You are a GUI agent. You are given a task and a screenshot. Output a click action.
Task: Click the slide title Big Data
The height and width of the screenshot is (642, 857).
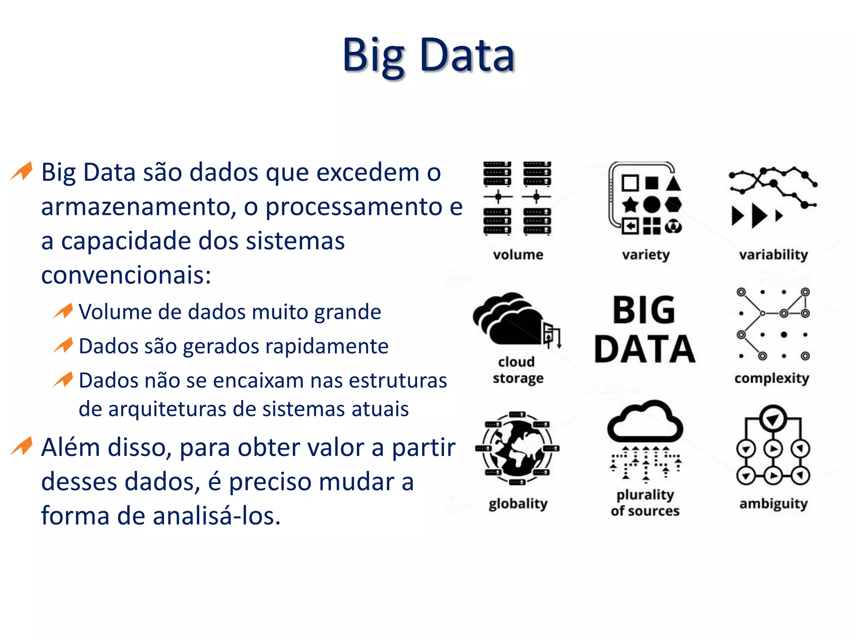point(428,56)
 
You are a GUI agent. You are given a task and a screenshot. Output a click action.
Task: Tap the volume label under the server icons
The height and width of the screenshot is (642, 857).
point(518,255)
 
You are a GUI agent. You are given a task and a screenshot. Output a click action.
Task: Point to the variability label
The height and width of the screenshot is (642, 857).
point(773,255)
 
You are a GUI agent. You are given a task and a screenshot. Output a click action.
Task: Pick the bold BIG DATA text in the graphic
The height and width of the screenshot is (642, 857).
point(644,329)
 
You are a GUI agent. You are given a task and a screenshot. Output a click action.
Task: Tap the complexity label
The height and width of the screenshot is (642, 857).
point(772,378)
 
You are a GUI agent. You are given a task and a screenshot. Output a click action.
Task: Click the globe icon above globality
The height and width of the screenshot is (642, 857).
point(517,448)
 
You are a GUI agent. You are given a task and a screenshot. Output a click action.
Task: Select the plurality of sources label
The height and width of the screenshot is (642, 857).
point(645,503)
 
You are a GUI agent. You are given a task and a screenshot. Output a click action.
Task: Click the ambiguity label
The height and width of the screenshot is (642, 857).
point(773,504)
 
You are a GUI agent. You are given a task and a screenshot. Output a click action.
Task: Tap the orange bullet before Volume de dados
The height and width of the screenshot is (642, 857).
point(64,311)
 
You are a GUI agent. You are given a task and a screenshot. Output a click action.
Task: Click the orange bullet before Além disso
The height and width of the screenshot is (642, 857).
point(22,446)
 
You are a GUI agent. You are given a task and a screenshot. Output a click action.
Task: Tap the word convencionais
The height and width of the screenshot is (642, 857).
point(126,275)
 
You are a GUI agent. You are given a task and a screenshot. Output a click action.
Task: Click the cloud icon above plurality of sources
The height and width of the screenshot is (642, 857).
point(645,422)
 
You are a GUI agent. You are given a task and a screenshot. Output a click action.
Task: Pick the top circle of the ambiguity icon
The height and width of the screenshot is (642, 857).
point(773,418)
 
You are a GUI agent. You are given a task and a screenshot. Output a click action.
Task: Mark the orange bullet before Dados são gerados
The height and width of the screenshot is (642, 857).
point(64,346)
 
